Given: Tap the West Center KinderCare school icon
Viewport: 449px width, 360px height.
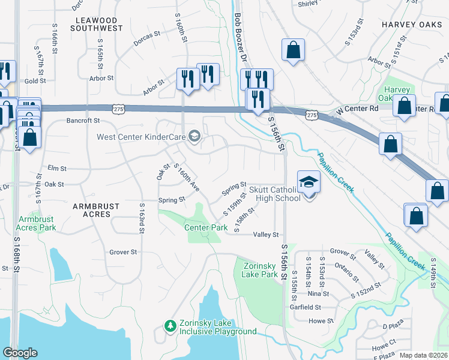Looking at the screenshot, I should (x=194, y=137).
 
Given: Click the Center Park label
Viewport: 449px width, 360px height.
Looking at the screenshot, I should (x=206, y=228).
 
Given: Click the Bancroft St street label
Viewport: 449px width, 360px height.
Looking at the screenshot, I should (x=83, y=121).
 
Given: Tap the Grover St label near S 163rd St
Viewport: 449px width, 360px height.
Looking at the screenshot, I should (x=123, y=252).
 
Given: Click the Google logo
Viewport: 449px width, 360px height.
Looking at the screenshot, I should (x=20, y=353).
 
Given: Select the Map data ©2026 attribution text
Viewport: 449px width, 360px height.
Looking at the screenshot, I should (x=424, y=355).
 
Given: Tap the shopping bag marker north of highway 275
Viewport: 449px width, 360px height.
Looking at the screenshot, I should (x=293, y=51).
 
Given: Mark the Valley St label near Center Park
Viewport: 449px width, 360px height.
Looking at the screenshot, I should (x=266, y=235).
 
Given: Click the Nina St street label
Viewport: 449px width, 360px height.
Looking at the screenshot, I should (x=318, y=293).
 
